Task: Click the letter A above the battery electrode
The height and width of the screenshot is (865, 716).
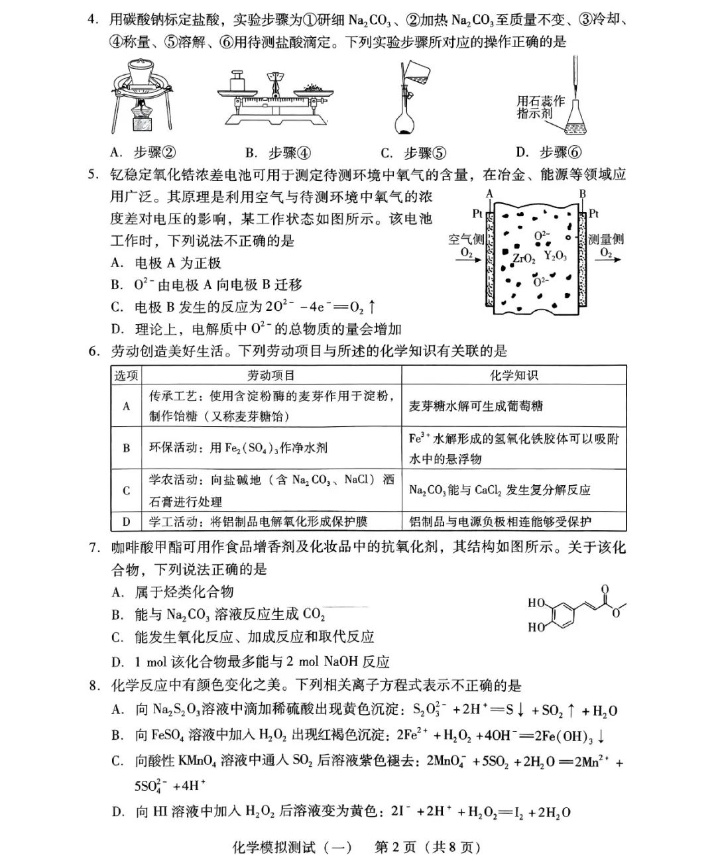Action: (x=489, y=194)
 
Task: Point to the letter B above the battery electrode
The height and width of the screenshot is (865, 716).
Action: (x=583, y=194)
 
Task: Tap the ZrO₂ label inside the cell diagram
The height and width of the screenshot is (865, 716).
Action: (x=524, y=258)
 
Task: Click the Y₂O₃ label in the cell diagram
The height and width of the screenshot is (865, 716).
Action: (x=555, y=255)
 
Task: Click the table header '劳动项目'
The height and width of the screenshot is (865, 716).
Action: (x=271, y=376)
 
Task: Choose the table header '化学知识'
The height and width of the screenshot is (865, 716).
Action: (x=514, y=376)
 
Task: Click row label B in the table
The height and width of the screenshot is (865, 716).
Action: (x=127, y=447)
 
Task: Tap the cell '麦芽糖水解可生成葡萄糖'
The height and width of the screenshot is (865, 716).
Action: (x=475, y=406)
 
